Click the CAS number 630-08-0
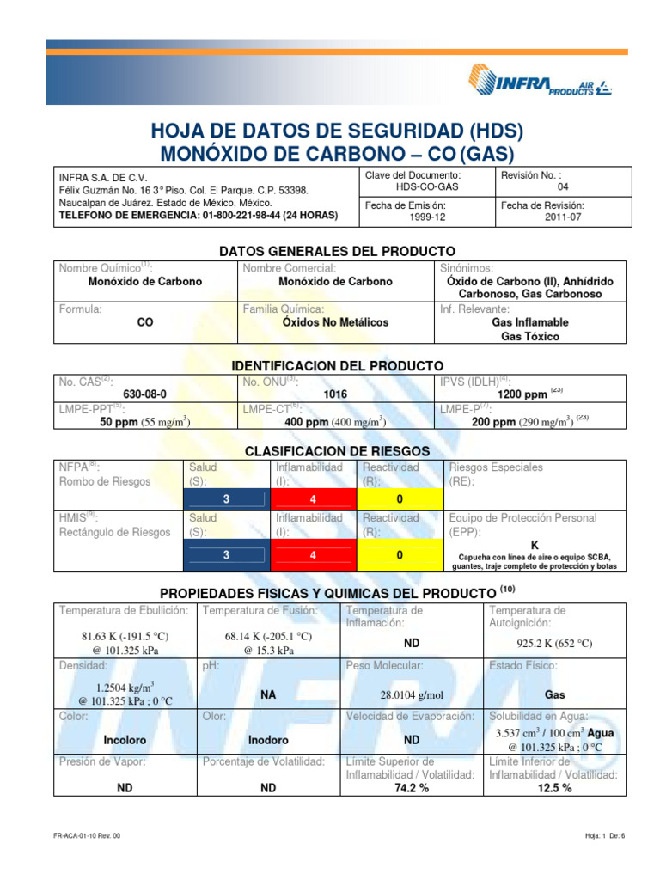click(144, 394)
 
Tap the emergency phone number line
click(197, 215)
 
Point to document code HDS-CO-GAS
click(427, 186)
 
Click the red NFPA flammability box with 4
click(313, 499)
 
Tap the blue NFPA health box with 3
click(226, 499)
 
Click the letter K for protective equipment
click(535, 545)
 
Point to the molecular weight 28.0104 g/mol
click(412, 694)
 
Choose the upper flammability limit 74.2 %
click(412, 788)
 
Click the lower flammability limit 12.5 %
click(554, 788)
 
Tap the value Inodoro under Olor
click(268, 740)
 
